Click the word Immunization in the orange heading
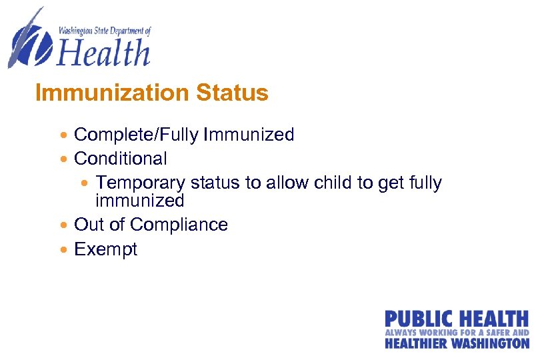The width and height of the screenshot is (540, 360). (x=113, y=93)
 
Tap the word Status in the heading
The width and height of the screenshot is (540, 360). (x=233, y=93)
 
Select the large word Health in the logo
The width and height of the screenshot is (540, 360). (x=104, y=52)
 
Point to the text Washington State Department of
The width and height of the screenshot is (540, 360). (x=105, y=30)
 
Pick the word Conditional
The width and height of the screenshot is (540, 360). (x=121, y=159)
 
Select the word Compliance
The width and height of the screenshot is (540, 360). (x=181, y=225)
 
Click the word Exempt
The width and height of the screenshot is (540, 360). (x=105, y=249)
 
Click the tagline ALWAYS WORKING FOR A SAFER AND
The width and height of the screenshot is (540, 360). (x=457, y=331)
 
